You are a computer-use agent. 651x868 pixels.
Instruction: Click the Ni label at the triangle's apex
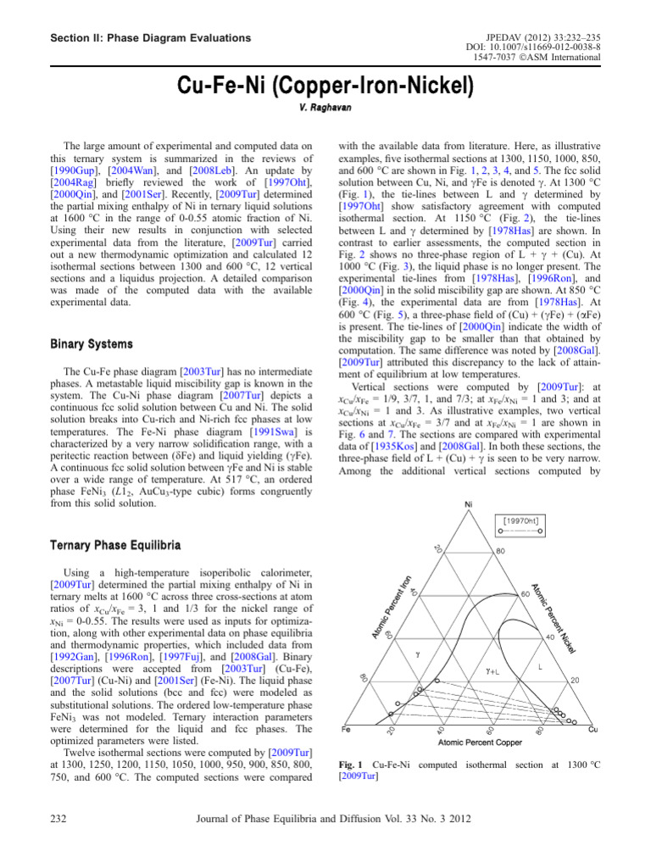tap(467, 506)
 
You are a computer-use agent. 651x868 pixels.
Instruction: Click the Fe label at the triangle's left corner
tap(346, 728)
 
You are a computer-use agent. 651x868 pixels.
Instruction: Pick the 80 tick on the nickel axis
tap(501, 551)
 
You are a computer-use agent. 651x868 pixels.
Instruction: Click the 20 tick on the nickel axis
tap(572, 680)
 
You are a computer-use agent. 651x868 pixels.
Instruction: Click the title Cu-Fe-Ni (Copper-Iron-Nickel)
tap(325, 86)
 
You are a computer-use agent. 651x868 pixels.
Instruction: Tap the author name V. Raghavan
tap(325, 109)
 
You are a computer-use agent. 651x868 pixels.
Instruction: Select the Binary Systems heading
tap(91, 344)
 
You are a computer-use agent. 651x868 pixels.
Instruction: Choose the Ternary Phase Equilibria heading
tap(115, 542)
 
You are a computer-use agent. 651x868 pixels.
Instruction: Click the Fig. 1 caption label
tap(350, 765)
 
